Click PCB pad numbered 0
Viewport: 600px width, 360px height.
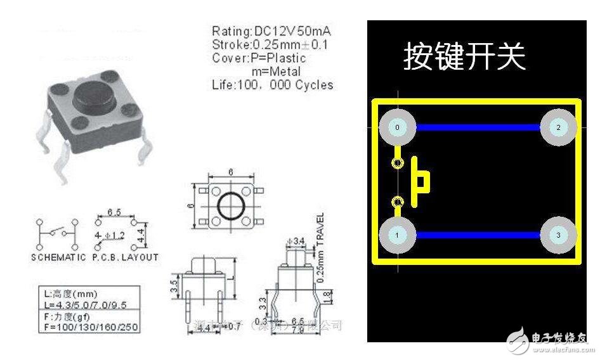[398, 127]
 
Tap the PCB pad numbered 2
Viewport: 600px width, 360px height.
[558, 127]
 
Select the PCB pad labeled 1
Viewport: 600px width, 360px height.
[398, 235]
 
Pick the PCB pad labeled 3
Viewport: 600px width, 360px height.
[558, 235]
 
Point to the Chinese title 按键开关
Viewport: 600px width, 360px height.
[464, 57]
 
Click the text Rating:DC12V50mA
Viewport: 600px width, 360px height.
[272, 31]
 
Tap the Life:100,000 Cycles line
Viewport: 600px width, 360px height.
[272, 85]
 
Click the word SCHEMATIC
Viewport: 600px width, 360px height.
[58, 257]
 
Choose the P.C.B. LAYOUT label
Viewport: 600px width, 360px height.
[125, 257]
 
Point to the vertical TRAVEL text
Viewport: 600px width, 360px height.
[320, 243]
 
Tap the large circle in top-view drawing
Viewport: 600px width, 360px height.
[227, 206]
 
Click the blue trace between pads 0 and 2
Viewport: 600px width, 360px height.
[478, 127]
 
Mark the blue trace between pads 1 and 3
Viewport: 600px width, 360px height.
[478, 235]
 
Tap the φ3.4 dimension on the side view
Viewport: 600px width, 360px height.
[296, 241]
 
